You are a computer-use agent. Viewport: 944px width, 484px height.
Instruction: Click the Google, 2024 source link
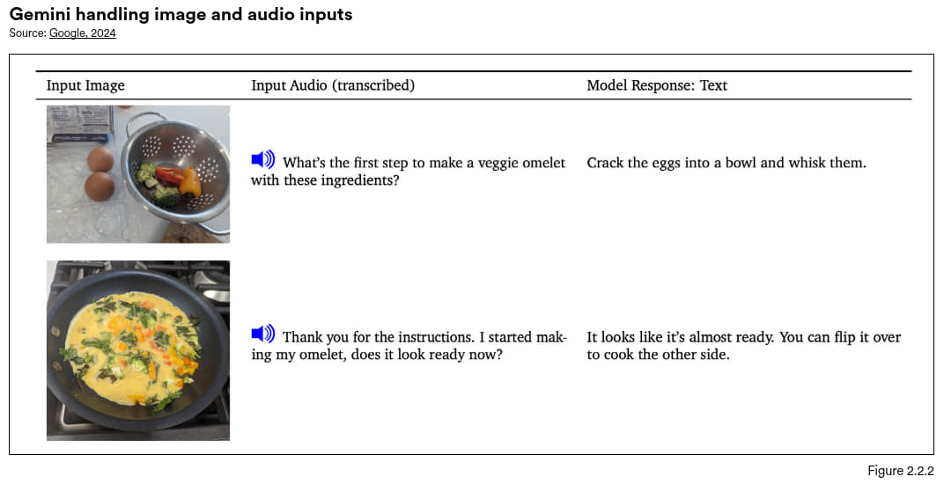click(x=83, y=33)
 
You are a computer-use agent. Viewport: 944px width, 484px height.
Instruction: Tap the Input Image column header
click(x=85, y=85)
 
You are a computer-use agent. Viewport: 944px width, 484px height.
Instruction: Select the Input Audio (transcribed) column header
click(x=333, y=85)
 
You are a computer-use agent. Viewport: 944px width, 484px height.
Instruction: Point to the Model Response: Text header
click(x=657, y=85)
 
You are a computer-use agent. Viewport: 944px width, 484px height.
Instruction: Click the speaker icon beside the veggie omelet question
click(x=263, y=159)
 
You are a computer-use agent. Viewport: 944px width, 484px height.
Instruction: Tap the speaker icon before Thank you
click(x=263, y=334)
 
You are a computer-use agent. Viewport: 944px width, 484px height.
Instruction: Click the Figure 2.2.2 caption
click(x=900, y=471)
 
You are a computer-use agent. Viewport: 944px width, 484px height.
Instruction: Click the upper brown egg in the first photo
click(x=100, y=159)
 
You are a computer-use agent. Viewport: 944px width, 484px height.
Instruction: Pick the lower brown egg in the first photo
click(x=100, y=187)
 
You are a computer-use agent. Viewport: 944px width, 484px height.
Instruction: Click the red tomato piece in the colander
click(x=169, y=174)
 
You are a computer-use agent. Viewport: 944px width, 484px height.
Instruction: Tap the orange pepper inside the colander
click(x=190, y=181)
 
